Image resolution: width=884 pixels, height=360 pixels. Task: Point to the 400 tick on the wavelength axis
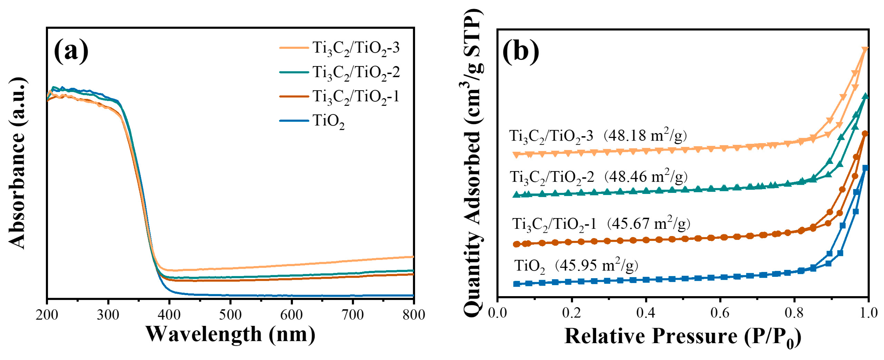pos(169,314)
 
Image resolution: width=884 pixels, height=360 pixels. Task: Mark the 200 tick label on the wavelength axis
pos(47,314)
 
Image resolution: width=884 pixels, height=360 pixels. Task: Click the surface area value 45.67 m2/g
pos(649,224)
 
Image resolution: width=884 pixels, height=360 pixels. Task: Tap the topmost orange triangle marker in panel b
pos(865,50)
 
